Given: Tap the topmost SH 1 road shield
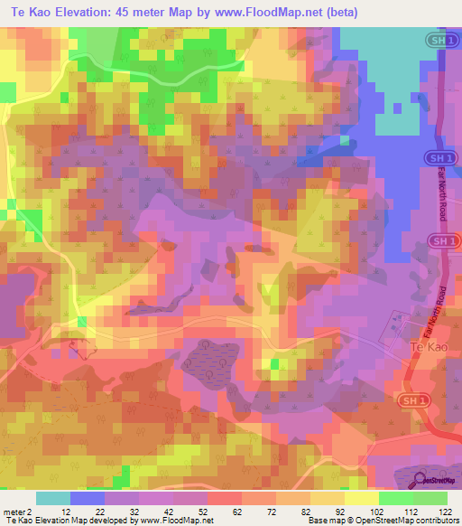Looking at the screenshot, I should [439, 42].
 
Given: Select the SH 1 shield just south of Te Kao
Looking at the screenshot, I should [411, 399].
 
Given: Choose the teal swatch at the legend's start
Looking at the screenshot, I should [52, 498].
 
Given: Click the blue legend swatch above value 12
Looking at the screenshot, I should [88, 498].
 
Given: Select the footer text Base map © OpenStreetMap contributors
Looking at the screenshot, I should [383, 521].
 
